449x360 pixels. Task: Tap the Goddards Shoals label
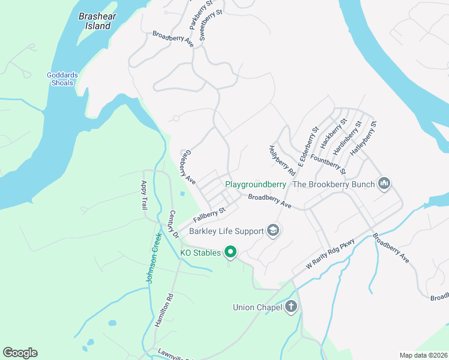[62, 79]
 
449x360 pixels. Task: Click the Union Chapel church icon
[291, 308]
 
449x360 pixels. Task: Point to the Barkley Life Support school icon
[273, 231]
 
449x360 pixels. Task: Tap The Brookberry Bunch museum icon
[385, 184]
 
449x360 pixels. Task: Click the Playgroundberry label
[255, 184]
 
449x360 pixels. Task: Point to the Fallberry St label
[208, 214]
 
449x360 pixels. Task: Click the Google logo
[20, 353]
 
